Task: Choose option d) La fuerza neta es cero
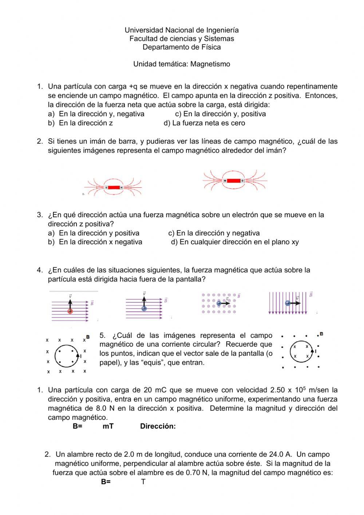[204, 123]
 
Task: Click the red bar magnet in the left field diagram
[114, 188]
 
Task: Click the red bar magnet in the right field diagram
[233, 181]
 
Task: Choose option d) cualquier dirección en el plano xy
[235, 242]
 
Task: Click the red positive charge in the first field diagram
[70, 311]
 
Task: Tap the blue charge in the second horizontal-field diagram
[144, 308]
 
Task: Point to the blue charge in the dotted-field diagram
[218, 303]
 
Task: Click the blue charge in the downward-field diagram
[288, 303]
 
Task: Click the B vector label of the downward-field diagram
[310, 295]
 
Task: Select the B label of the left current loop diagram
[88, 337]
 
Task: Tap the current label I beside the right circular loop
[315, 351]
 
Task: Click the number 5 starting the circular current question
[102, 335]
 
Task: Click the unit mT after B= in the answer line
[108, 426]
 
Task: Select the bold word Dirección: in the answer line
[158, 426]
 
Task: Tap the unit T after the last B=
[143, 482]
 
